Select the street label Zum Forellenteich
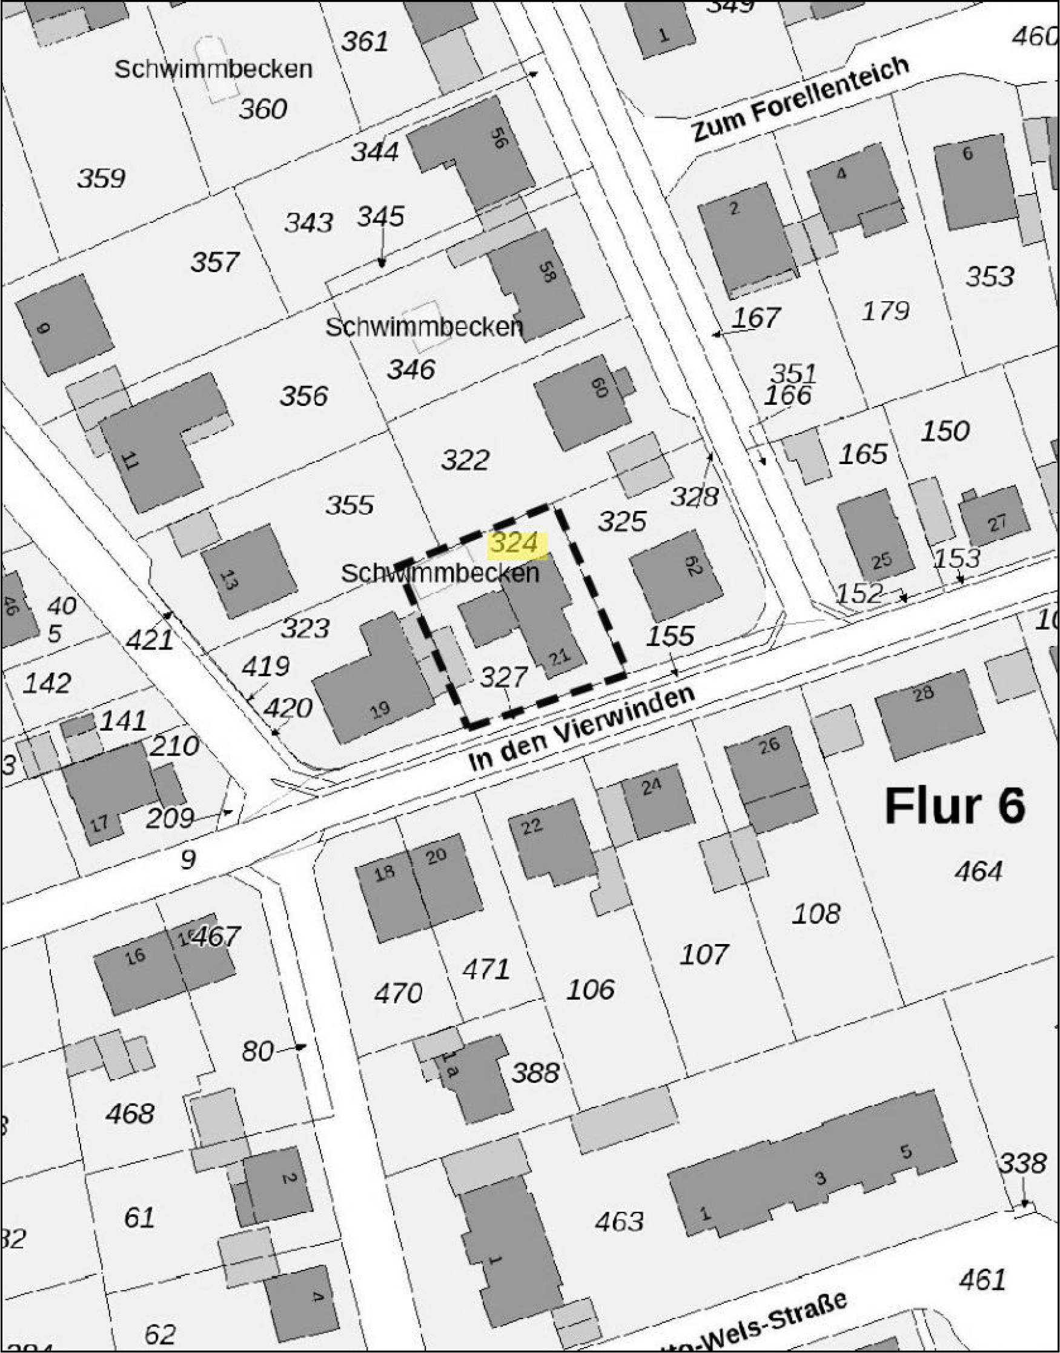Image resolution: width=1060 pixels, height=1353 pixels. coord(800,99)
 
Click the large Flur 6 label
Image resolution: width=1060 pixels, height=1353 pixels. coord(954,806)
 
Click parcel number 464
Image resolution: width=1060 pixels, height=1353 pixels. coord(979,871)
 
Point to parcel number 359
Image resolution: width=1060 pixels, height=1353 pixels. coord(101,179)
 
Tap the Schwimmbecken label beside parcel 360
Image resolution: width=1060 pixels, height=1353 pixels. coord(213,69)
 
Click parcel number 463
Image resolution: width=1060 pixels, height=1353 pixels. coord(620,1222)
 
